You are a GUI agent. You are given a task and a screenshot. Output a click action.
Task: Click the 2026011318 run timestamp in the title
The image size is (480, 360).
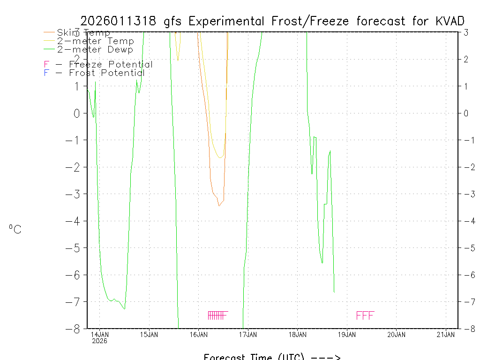(120, 21)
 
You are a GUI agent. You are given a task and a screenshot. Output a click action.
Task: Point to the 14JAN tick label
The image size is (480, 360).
(100, 334)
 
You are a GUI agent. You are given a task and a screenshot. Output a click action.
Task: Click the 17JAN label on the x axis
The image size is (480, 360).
(248, 334)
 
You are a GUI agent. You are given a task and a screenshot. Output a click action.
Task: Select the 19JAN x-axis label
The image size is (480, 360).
(347, 334)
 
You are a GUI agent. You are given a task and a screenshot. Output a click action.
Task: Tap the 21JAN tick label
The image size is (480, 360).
(445, 334)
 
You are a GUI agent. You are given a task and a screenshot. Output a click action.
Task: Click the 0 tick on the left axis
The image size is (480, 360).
(76, 113)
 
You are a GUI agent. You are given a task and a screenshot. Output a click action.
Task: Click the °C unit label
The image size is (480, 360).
(15, 229)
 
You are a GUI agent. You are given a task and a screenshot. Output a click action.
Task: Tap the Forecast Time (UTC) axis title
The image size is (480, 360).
(253, 357)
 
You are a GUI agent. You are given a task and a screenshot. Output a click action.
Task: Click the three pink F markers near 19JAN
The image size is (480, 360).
(365, 315)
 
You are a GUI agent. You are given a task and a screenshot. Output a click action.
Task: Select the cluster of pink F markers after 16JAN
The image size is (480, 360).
(217, 315)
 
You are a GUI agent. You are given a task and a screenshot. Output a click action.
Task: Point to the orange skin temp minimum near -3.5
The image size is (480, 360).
(219, 205)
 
